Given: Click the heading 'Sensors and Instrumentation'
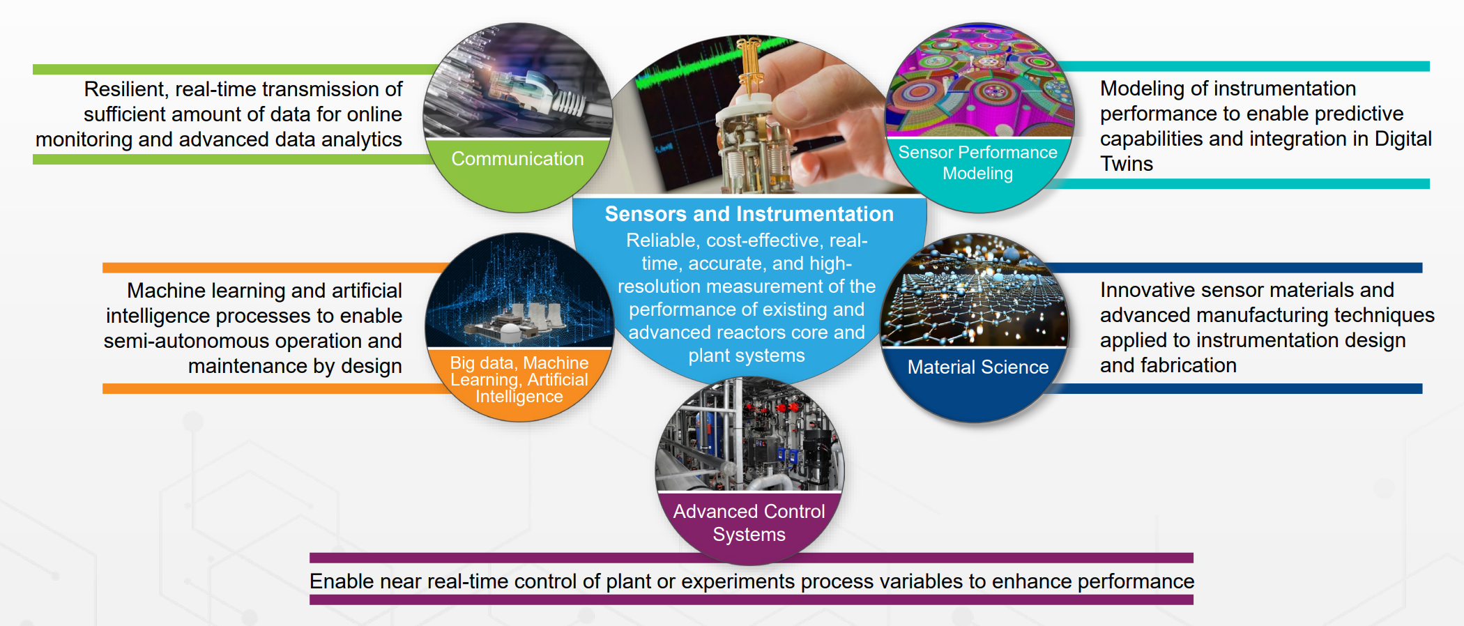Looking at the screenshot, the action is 749,214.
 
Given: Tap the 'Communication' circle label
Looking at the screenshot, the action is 517,159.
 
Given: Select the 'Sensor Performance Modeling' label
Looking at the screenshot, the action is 977,162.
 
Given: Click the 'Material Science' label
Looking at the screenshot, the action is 977,367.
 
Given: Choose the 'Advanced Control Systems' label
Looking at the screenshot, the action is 749,523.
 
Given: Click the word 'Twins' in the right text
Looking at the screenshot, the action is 1127,164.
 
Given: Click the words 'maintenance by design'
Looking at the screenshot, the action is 295,366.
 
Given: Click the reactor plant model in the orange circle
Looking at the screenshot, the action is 512,321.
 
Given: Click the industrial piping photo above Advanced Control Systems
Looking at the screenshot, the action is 749,435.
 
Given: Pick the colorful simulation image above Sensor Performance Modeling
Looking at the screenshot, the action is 979,80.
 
